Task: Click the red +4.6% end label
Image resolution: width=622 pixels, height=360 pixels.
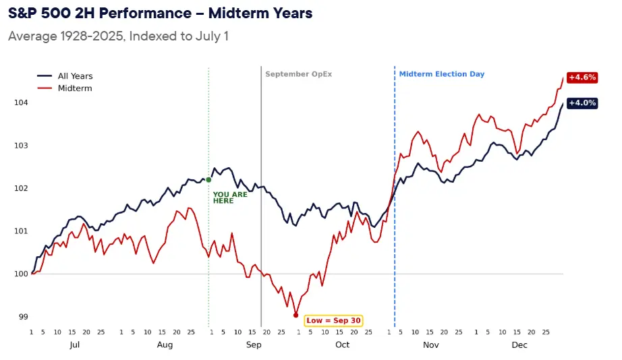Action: coord(582,78)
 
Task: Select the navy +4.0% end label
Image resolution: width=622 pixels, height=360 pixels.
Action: coord(582,103)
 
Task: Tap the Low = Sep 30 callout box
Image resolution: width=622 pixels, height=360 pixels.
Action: coord(334,320)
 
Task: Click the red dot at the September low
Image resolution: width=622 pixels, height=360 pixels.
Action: coord(295,316)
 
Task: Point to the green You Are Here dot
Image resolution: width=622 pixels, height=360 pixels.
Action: coord(208,179)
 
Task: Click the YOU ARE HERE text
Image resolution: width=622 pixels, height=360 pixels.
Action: coord(230,198)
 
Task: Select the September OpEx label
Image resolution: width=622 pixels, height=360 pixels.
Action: coord(298,74)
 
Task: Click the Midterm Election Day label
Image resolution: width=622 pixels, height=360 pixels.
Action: coord(441,74)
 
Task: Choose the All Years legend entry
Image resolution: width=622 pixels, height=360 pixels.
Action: coord(65,76)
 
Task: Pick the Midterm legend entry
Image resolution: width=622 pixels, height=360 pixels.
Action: coord(64,88)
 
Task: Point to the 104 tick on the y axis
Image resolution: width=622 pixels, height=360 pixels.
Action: coord(21,102)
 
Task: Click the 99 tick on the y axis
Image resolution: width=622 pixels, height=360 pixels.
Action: coord(24,317)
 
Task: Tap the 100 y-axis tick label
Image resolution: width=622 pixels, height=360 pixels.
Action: coord(21,274)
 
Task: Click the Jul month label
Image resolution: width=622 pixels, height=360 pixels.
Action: coord(75,345)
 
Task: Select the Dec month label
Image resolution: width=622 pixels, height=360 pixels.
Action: coord(519,345)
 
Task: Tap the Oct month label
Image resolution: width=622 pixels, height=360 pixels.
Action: coord(342,345)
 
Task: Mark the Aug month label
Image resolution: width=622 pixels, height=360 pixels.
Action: coord(165,345)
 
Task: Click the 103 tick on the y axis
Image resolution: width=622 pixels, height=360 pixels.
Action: coord(21,146)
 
